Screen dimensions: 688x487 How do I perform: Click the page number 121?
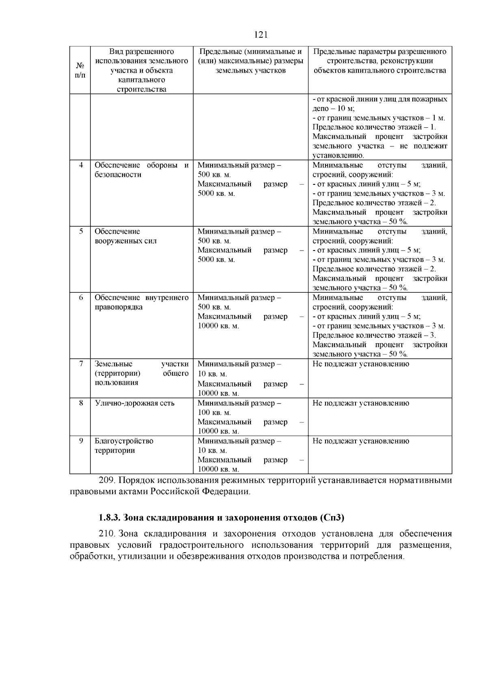tap(261, 34)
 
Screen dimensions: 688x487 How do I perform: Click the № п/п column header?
tap(80, 70)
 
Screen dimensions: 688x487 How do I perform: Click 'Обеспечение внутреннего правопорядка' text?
tap(141, 302)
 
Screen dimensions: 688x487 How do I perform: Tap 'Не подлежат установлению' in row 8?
tap(360, 403)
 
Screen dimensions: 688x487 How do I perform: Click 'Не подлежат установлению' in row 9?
tap(360, 441)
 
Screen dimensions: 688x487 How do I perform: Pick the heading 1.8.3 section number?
tap(109, 518)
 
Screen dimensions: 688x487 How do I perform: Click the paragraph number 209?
tap(108, 480)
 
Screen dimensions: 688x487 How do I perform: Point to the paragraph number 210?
tap(108, 534)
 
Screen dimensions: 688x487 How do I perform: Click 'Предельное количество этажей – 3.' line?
tap(374, 335)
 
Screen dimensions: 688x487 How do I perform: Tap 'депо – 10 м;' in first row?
tap(334, 109)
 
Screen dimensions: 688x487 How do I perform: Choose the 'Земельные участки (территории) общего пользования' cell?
tap(141, 373)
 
